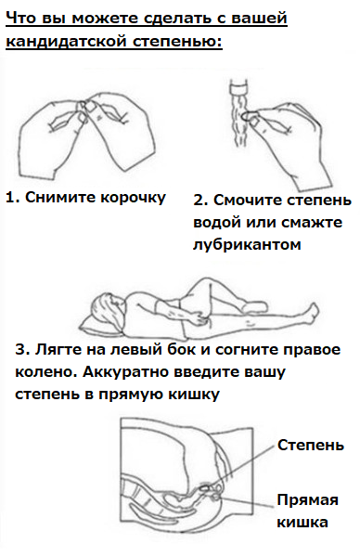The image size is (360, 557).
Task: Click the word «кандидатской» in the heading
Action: (66, 41)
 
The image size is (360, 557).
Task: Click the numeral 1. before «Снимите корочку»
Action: (13, 197)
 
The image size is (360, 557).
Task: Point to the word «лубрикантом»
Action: (247, 245)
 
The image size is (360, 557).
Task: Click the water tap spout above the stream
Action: (240, 87)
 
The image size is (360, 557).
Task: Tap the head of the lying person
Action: (106, 308)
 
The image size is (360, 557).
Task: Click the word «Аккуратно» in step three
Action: (126, 372)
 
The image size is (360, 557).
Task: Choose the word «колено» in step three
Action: (46, 372)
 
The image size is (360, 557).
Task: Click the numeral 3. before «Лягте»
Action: (22, 350)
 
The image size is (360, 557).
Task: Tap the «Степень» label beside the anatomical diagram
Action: (311, 445)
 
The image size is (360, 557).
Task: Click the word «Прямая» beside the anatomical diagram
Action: (307, 500)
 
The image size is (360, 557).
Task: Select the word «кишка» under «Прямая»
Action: (302, 522)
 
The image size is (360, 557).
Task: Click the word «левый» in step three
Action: (132, 350)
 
